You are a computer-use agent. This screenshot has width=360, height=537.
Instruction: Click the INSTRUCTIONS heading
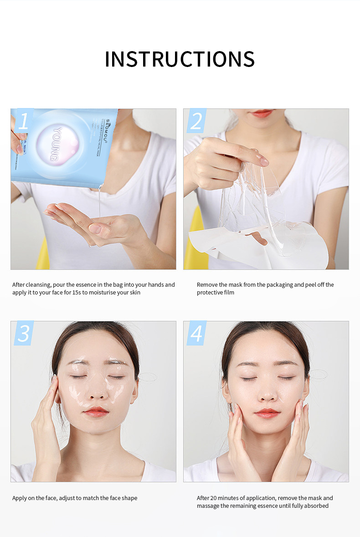coord(180,59)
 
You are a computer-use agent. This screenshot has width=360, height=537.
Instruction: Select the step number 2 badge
coord(196,121)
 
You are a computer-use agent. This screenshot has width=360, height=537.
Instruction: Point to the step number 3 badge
coord(24,333)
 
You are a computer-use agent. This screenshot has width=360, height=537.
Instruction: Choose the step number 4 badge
coord(196,333)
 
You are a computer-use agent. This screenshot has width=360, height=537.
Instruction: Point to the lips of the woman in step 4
coord(267,413)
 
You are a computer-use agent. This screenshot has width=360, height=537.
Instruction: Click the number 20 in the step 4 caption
coord(214,498)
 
